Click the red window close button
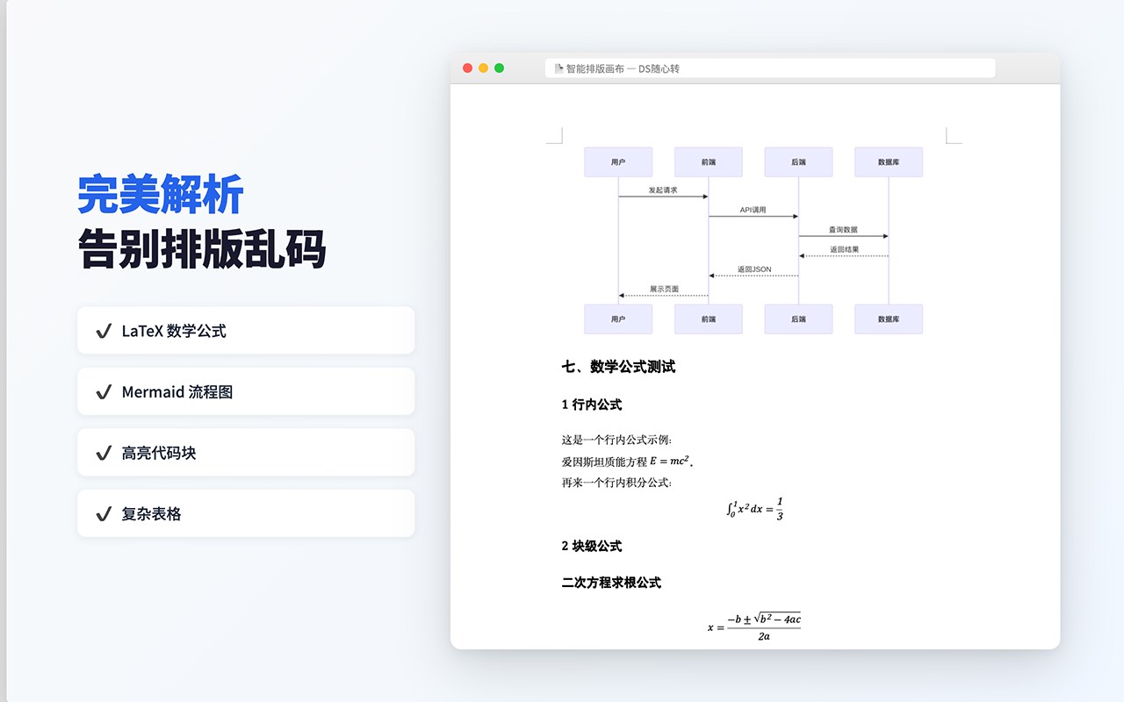[x=467, y=68]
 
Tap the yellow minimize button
[x=483, y=68]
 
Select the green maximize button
[x=500, y=68]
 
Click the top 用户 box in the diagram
[x=618, y=162]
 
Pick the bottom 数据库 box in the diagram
[x=889, y=319]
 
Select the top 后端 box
[x=798, y=162]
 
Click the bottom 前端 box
[x=709, y=319]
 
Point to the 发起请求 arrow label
[x=663, y=190]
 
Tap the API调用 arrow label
[x=753, y=210]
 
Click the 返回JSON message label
[x=754, y=269]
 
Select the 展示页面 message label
[x=664, y=289]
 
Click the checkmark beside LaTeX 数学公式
[x=104, y=331]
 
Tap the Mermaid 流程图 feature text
[x=177, y=392]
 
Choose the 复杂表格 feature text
[x=151, y=514]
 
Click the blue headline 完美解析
[x=161, y=195]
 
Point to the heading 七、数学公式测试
[x=618, y=367]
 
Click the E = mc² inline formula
[x=669, y=461]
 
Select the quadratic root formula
[x=754, y=627]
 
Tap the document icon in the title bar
[x=558, y=68]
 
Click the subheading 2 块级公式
[x=592, y=546]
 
